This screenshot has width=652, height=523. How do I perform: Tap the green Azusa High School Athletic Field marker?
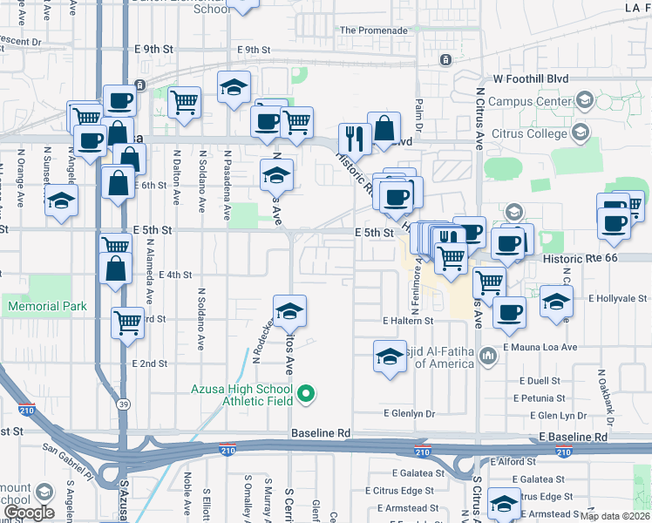point(305,397)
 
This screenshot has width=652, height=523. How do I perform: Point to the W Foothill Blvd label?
point(530,78)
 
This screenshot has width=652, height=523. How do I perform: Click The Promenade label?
point(373,31)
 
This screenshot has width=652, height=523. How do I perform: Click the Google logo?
point(29,513)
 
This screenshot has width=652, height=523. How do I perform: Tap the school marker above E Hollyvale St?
point(555,301)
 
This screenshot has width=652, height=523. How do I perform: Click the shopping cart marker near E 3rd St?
point(128,323)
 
